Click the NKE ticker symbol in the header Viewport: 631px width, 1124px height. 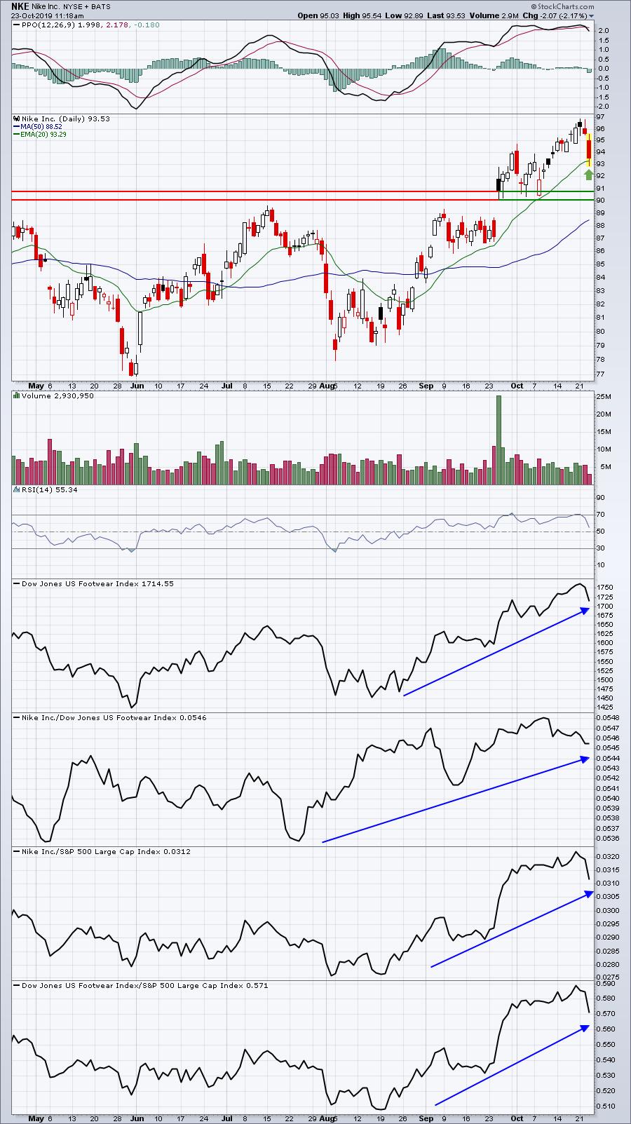coord(20,6)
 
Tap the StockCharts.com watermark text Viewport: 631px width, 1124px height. coord(562,6)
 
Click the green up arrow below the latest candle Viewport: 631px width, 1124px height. coord(589,174)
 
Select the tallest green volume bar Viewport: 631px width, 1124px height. coord(498,440)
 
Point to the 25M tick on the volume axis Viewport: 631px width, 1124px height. coord(604,396)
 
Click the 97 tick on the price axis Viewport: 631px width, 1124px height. coord(601,117)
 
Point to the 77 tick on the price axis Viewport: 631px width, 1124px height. coord(601,374)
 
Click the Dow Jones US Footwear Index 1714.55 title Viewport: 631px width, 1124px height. coord(97,583)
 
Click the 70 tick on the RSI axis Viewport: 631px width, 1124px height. coord(601,515)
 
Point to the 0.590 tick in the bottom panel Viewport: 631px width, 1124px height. coord(605,983)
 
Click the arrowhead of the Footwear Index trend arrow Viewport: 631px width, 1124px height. coord(585,610)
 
